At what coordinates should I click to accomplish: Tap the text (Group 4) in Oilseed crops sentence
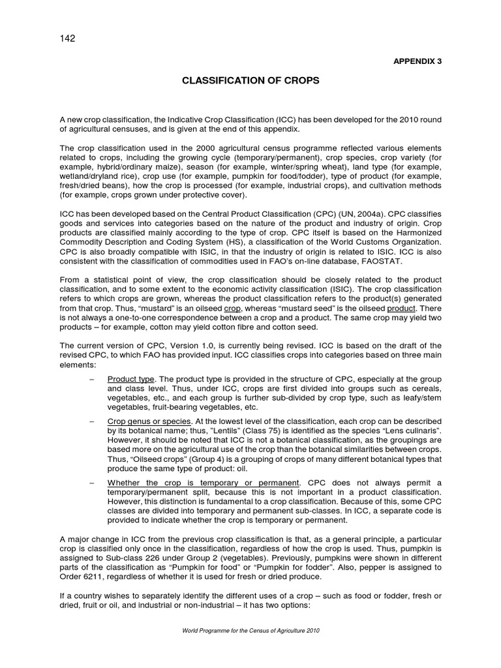(x=201, y=459)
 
